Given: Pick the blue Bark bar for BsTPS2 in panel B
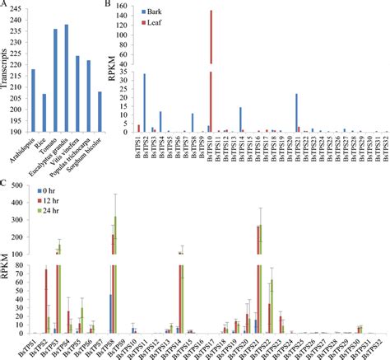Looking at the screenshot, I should pyautogui.click(x=144, y=103).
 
